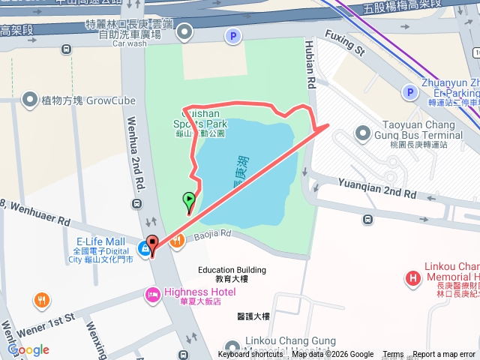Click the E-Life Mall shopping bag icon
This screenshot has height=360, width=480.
(143, 248)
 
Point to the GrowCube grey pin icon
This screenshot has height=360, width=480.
(30, 99)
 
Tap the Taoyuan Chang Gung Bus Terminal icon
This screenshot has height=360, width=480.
(363, 133)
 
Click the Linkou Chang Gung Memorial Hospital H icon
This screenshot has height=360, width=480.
(412, 279)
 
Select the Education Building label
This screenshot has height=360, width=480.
(232, 270)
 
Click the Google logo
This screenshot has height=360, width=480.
(28, 349)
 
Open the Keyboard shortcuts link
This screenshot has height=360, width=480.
(251, 355)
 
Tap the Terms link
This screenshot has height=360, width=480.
(393, 355)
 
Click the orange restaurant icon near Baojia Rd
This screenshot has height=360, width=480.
(177, 241)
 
